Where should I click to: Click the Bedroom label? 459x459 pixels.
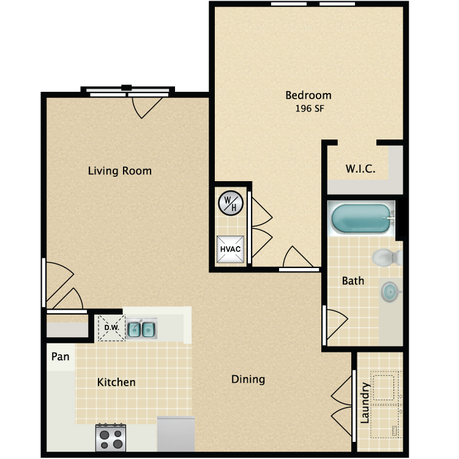(x=308, y=95)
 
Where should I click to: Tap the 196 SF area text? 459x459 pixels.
(x=310, y=108)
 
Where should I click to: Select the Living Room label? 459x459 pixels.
(x=120, y=171)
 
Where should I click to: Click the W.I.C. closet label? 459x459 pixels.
(x=360, y=169)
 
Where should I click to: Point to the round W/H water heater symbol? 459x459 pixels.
(x=231, y=203)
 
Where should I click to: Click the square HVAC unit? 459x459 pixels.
(x=230, y=249)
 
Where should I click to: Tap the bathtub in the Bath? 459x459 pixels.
(x=362, y=218)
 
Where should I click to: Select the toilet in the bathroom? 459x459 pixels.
(x=387, y=258)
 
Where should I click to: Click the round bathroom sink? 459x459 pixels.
(x=390, y=291)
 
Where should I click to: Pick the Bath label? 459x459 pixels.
(x=353, y=281)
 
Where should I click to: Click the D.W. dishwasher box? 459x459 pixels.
(x=111, y=328)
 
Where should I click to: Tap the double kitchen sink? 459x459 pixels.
(x=141, y=329)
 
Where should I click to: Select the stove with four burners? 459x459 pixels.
(x=111, y=438)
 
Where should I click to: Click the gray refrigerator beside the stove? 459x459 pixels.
(x=176, y=434)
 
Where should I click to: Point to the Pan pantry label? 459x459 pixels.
(x=61, y=357)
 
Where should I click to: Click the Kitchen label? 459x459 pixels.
(x=116, y=382)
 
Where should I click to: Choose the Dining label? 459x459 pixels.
(x=248, y=379)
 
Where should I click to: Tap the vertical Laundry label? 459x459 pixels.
(x=365, y=403)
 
